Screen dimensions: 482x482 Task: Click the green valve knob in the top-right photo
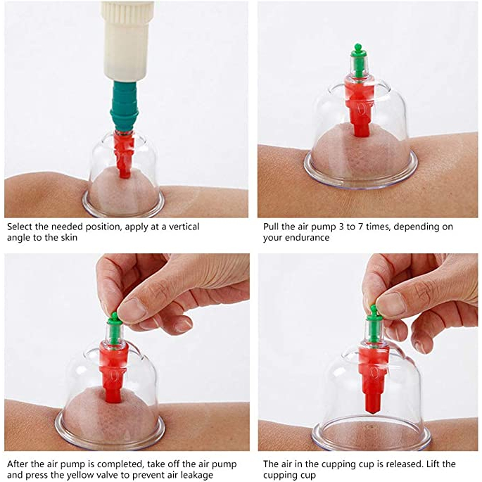click(x=357, y=61)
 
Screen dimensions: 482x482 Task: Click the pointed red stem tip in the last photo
click(x=374, y=408)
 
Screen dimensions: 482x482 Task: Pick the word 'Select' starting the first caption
click(x=20, y=227)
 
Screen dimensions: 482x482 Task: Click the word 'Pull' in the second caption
click(x=271, y=227)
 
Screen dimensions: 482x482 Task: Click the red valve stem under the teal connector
click(x=124, y=154)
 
